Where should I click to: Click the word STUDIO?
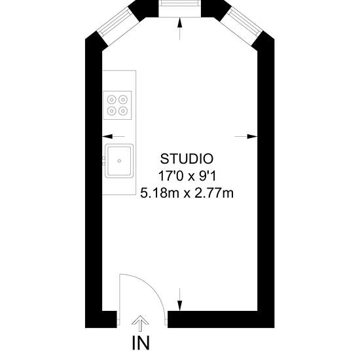(187, 159)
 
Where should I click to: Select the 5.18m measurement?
(160, 193)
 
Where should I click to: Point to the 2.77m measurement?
(214, 193)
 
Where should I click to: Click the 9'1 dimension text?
(207, 176)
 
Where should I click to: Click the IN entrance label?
(141, 343)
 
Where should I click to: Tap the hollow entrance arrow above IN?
(140, 323)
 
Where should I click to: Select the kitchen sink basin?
(119, 161)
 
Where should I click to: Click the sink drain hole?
(119, 161)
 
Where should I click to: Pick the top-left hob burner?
(111, 99)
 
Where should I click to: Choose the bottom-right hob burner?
(123, 111)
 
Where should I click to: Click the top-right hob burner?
(123, 99)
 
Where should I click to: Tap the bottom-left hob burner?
(111, 111)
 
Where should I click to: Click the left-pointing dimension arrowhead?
(107, 136)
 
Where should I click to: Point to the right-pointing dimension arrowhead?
(252, 136)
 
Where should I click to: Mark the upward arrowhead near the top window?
(180, 22)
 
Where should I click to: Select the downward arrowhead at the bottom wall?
(180, 306)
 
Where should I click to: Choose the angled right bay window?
(245, 22)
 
